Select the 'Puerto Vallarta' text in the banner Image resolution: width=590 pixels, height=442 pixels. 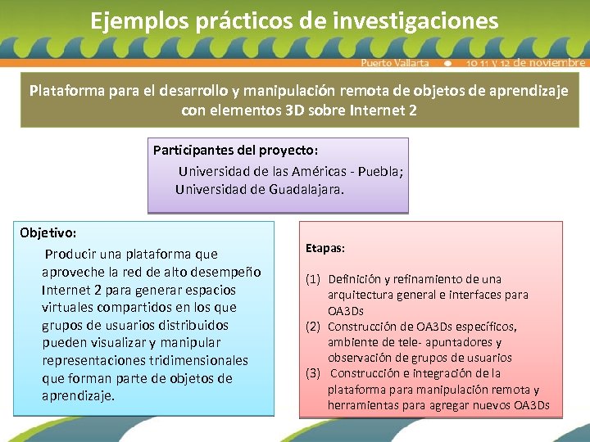pyautogui.click(x=395, y=63)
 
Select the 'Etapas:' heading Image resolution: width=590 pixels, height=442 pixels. pyautogui.click(x=325, y=247)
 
